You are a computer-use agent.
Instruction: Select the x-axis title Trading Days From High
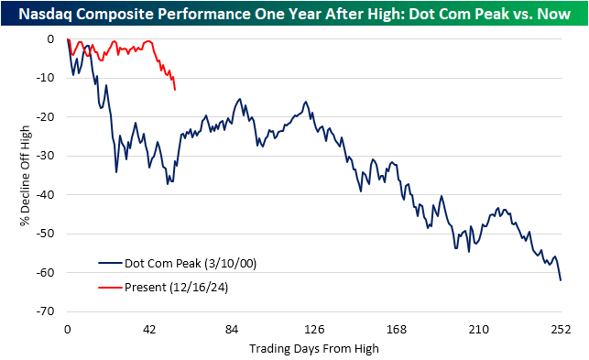pos(313,348)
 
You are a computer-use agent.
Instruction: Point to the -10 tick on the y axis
pos(49,78)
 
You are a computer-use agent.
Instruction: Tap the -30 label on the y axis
pos(49,156)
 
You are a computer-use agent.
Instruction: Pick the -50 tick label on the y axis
pos(49,234)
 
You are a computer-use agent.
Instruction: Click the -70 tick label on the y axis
pos(49,311)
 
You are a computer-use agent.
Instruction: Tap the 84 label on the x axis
pos(232,330)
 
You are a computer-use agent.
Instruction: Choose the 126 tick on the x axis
pos(314,330)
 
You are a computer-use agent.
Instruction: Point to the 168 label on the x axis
pos(396,330)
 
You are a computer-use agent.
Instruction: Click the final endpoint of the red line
pos(175,89)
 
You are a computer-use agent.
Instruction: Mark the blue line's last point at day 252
pos(560,280)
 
